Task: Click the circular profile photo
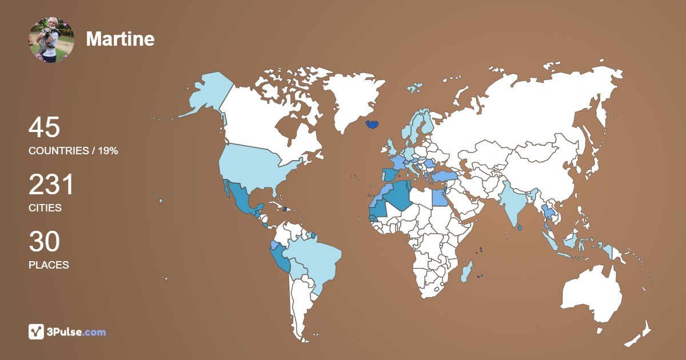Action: tap(51, 39)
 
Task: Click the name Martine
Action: tap(120, 39)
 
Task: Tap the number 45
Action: tap(44, 127)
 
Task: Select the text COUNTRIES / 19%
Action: tap(73, 151)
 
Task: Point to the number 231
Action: tap(51, 185)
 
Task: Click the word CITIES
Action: tap(45, 208)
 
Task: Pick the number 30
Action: tap(44, 242)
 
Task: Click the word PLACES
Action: tap(49, 265)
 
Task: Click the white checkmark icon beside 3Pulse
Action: tap(37, 332)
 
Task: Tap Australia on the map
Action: tap(592, 294)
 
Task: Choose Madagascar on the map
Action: tap(466, 271)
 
